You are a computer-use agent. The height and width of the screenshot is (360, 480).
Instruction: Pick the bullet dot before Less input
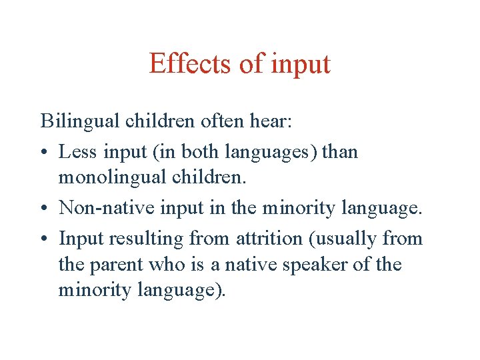[45, 153]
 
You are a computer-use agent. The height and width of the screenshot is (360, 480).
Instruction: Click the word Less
[78, 151]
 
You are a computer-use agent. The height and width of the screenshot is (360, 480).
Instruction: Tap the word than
[340, 151]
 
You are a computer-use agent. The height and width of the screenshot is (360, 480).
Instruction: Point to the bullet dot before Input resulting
[45, 239]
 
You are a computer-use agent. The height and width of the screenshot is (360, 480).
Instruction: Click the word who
[167, 265]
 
